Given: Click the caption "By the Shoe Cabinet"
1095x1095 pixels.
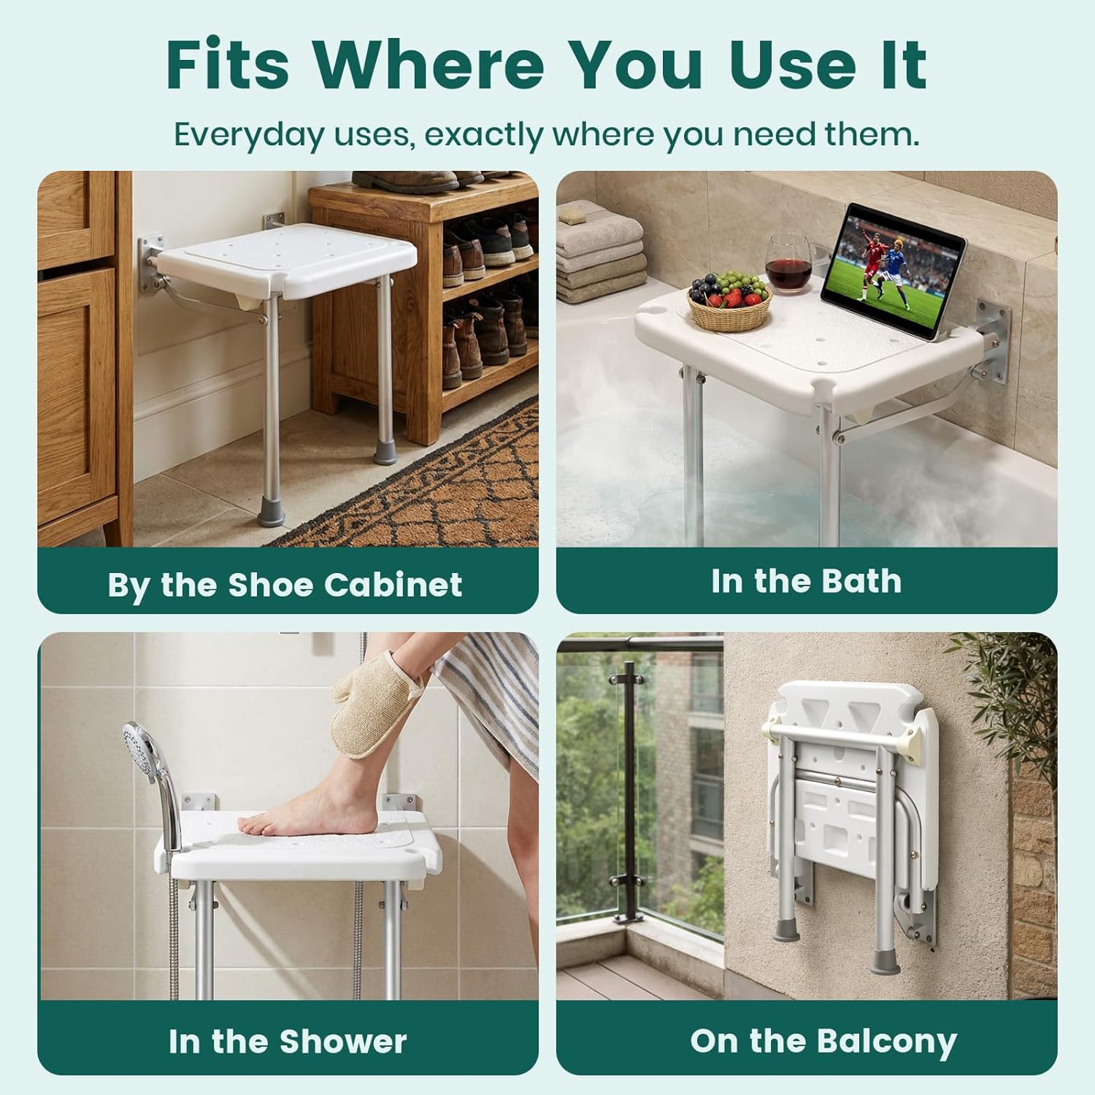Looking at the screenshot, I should point(285,585).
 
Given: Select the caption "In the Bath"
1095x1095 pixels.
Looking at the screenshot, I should point(806,581).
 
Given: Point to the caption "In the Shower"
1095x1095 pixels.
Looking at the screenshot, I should point(287,1041).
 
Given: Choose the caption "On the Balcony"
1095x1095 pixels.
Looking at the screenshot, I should point(823,1041).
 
